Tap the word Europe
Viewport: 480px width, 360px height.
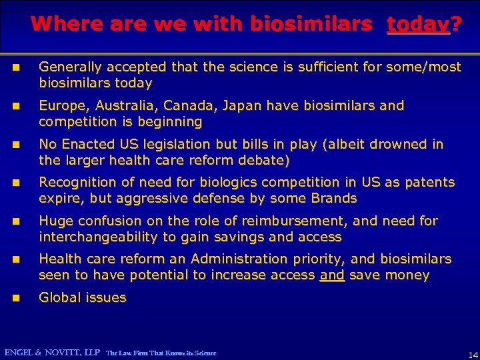click(x=61, y=106)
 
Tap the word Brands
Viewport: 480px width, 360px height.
click(x=335, y=199)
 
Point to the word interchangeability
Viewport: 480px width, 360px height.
click(x=97, y=237)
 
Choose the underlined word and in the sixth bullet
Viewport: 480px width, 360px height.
click(x=331, y=275)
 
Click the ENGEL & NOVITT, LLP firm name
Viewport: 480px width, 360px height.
click(x=52, y=352)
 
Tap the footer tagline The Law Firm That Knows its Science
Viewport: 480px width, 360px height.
click(x=161, y=353)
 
